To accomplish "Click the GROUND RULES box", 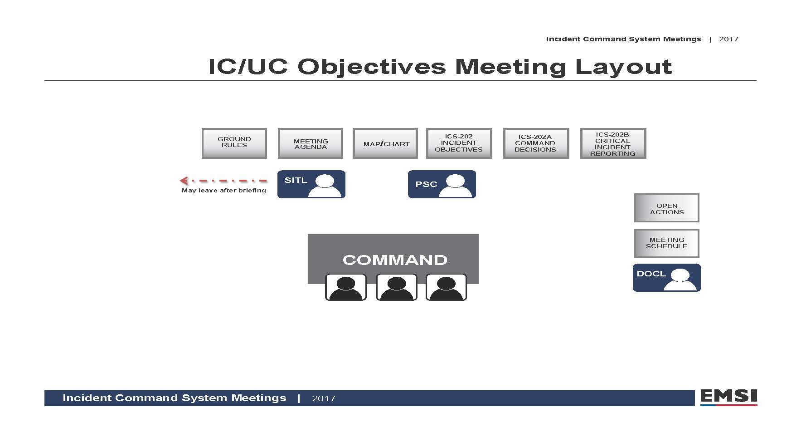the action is tap(234, 143).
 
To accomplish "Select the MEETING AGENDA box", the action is tap(310, 143).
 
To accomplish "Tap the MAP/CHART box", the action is tap(385, 143).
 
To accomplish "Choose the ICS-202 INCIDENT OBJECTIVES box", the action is tap(459, 143).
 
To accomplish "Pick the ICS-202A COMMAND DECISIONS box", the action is tap(536, 143).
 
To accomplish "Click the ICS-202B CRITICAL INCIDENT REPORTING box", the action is tap(613, 143).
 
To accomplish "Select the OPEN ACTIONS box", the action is tap(666, 208).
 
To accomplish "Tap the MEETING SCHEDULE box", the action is tap(666, 243).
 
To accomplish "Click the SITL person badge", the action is tap(311, 184).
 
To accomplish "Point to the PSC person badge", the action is tap(442, 184).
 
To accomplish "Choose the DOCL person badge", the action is tap(667, 278).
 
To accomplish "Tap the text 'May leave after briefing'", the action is tap(224, 191).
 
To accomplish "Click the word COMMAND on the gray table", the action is tap(395, 260).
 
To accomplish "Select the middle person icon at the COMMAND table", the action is tap(397, 287).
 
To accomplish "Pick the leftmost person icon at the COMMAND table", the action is tap(346, 287).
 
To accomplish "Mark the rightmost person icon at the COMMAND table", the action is tap(446, 287).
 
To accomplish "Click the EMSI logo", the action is tap(728, 398).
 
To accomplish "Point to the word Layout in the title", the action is tap(623, 67).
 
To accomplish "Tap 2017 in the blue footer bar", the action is tap(324, 398).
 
